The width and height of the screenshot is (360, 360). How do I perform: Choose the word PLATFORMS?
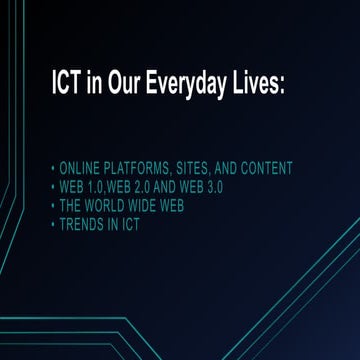click(145, 168)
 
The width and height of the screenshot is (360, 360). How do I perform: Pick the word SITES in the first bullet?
click(207, 168)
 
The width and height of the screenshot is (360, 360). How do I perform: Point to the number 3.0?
click(234, 186)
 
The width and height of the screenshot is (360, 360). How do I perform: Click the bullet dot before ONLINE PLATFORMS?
click(52, 168)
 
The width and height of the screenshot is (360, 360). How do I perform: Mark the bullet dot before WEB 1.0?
click(52, 187)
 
